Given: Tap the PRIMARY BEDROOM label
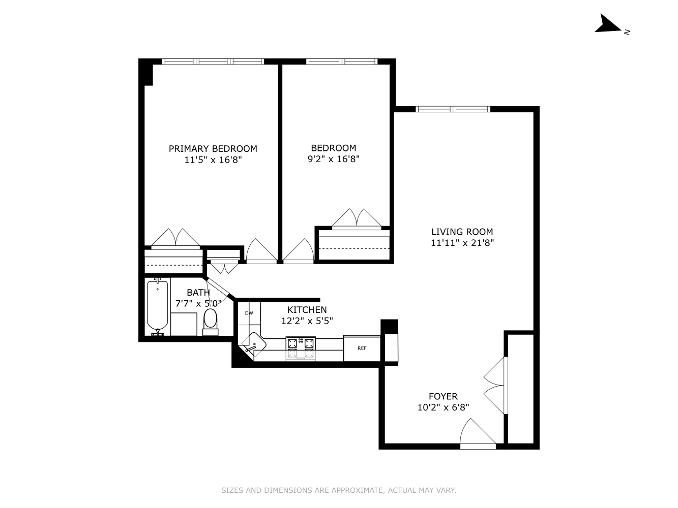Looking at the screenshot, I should point(213,149).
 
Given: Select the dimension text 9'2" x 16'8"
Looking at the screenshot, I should point(334,159).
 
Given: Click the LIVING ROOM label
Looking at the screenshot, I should point(462,232).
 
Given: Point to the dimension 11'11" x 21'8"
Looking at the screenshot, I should point(462,243).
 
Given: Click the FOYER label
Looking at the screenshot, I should point(443,396).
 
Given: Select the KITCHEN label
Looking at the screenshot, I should point(307,310).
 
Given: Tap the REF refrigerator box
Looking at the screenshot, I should point(362,348).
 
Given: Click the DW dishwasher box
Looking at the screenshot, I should point(249,313).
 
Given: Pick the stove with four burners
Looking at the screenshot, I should point(301,348).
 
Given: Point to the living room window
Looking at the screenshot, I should point(453,109).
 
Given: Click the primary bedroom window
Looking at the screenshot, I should point(213,61).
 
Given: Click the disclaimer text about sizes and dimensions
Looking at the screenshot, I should point(338,490).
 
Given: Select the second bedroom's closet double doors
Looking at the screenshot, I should point(357,218).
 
